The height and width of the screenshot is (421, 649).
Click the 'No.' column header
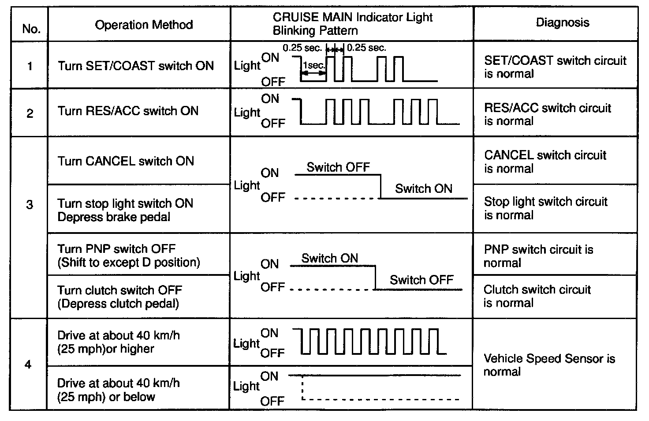pos(31,29)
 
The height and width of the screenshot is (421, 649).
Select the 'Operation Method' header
pos(144,24)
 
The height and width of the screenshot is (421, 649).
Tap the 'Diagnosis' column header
pos(562,23)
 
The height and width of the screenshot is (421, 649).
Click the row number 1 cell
pos(30,66)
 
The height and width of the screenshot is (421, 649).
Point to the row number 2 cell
pos(30,113)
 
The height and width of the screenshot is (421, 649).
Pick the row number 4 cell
pos(28,365)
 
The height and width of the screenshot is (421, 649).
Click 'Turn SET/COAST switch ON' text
pos(135,66)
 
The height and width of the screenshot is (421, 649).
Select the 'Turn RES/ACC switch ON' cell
pos(128,111)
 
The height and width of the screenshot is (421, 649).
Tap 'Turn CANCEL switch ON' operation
pos(126,161)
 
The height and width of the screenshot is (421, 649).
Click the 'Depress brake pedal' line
pos(114,217)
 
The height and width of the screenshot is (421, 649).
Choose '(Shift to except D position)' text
pos(128,263)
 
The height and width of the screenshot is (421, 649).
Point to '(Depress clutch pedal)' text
pos(118,304)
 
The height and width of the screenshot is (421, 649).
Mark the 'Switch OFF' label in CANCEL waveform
pos(338,167)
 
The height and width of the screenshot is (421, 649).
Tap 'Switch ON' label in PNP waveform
pos(329,258)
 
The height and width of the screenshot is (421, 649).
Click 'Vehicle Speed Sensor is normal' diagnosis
pos(549,365)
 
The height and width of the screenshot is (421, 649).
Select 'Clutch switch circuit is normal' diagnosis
pos(537,296)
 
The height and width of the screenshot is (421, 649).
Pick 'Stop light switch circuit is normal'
pos(545,208)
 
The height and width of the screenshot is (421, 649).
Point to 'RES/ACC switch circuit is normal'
pos(547,114)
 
